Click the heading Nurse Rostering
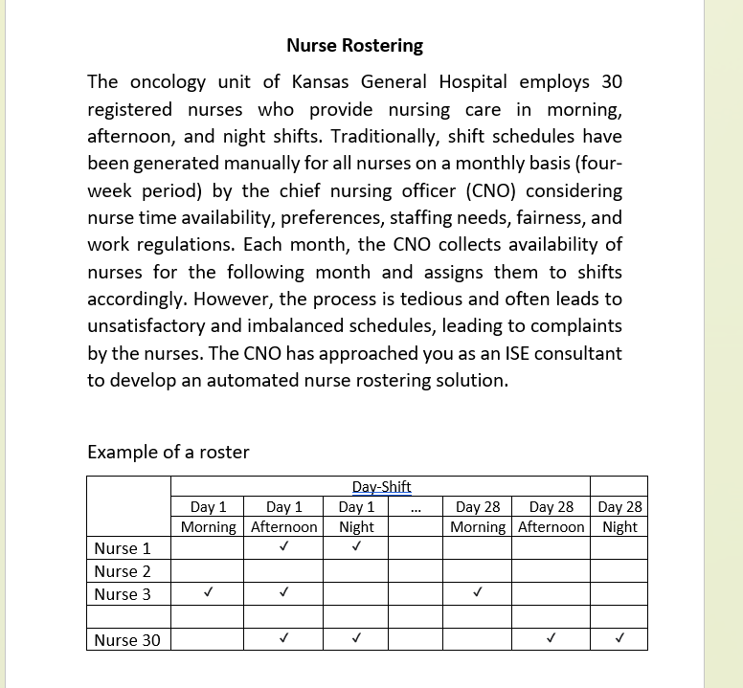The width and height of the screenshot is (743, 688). tap(354, 46)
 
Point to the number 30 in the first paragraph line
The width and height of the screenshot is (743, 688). tap(611, 82)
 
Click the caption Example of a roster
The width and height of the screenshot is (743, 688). tap(168, 452)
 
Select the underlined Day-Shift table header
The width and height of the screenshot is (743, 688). tap(381, 487)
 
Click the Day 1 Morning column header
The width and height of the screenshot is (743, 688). tap(209, 517)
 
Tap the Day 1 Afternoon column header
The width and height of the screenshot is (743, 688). tap(283, 517)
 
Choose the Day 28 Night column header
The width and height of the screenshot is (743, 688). tap(619, 517)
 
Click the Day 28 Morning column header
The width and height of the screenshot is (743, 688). tap(478, 517)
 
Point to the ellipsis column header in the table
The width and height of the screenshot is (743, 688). tap(416, 508)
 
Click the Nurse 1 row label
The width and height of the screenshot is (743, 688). tap(123, 548)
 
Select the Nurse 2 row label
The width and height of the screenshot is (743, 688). tap(123, 571)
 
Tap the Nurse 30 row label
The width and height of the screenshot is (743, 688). tap(127, 640)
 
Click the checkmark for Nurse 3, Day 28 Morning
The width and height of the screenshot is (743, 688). tap(477, 594)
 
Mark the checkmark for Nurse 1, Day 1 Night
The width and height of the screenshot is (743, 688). tap(355, 548)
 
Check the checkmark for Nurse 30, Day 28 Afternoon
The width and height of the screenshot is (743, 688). tap(551, 637)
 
